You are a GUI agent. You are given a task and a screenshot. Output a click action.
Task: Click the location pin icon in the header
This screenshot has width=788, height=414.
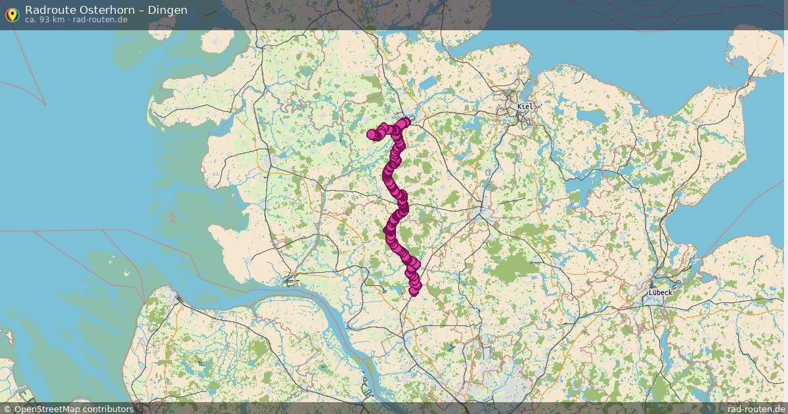click(12, 14)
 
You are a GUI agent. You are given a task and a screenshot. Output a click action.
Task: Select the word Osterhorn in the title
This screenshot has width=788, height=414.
click(107, 10)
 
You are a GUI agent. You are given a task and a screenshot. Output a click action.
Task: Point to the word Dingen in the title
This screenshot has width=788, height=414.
click(167, 10)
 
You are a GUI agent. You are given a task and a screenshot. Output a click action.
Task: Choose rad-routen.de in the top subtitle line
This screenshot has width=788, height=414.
click(100, 20)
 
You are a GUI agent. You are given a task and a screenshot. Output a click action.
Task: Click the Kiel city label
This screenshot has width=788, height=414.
click(525, 106)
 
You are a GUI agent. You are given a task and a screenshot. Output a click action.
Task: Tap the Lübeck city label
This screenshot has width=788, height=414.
click(660, 292)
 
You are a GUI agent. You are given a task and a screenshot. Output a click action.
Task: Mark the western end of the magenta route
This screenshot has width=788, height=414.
click(371, 134)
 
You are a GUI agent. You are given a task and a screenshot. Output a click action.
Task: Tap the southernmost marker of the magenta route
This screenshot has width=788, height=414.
click(414, 291)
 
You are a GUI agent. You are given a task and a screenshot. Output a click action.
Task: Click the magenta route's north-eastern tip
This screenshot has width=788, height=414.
click(405, 122)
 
